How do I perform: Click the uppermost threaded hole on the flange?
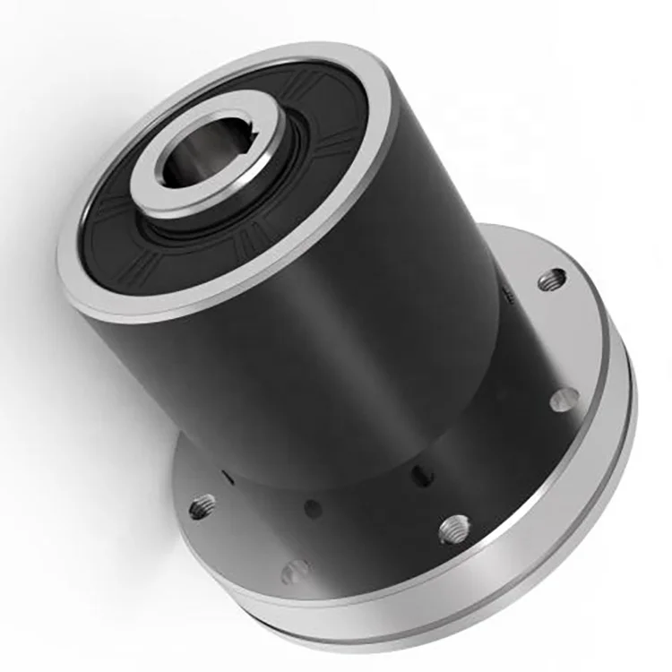pyautogui.click(x=553, y=280)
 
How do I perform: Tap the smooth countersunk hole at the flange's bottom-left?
pyautogui.click(x=295, y=569)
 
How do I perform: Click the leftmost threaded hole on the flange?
pyautogui.click(x=203, y=507)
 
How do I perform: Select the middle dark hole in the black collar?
pyautogui.click(x=313, y=508)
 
